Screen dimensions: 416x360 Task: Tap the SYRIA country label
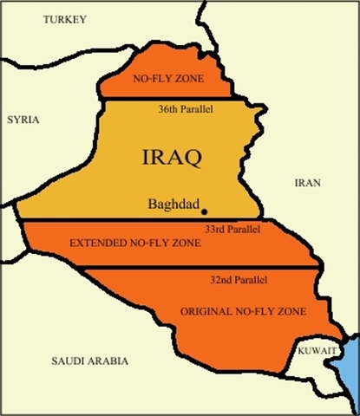tap(23, 120)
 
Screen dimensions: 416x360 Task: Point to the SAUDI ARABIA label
tap(89, 361)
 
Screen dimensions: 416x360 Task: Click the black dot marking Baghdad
tap(205, 211)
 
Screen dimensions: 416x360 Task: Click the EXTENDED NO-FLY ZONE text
tap(135, 244)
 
